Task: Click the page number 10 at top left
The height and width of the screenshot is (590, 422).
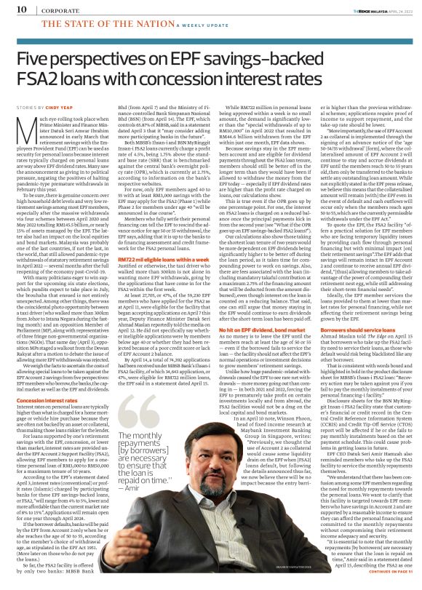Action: pos(13,9)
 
